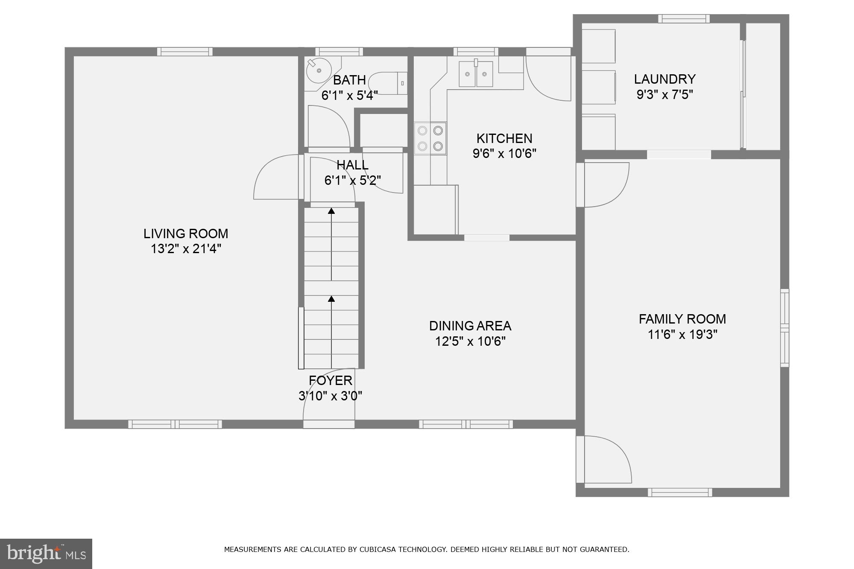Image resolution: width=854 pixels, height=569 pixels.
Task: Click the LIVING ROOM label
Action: pos(186,234)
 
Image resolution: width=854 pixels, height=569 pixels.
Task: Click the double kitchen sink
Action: pos(476,74)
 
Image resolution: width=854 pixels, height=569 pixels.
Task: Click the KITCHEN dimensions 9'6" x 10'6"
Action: pos(504,154)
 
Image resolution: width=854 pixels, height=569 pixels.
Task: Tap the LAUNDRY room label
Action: pos(664,79)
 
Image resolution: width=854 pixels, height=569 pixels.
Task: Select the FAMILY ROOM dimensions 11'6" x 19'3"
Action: pos(682,335)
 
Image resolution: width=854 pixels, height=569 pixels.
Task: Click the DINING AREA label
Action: pos(470,326)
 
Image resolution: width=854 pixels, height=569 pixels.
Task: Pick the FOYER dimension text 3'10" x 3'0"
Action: pos(330,396)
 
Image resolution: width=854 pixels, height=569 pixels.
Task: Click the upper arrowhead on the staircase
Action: pos(331,210)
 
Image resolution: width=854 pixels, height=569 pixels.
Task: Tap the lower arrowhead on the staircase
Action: pos(331,299)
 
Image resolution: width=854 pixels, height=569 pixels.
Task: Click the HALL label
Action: pos(352,165)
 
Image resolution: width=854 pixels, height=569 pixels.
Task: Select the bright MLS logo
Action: pos(46,554)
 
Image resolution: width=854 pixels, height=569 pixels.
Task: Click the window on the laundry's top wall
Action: pos(684,19)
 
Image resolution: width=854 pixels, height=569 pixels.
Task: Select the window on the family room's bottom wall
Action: pos(680,492)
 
